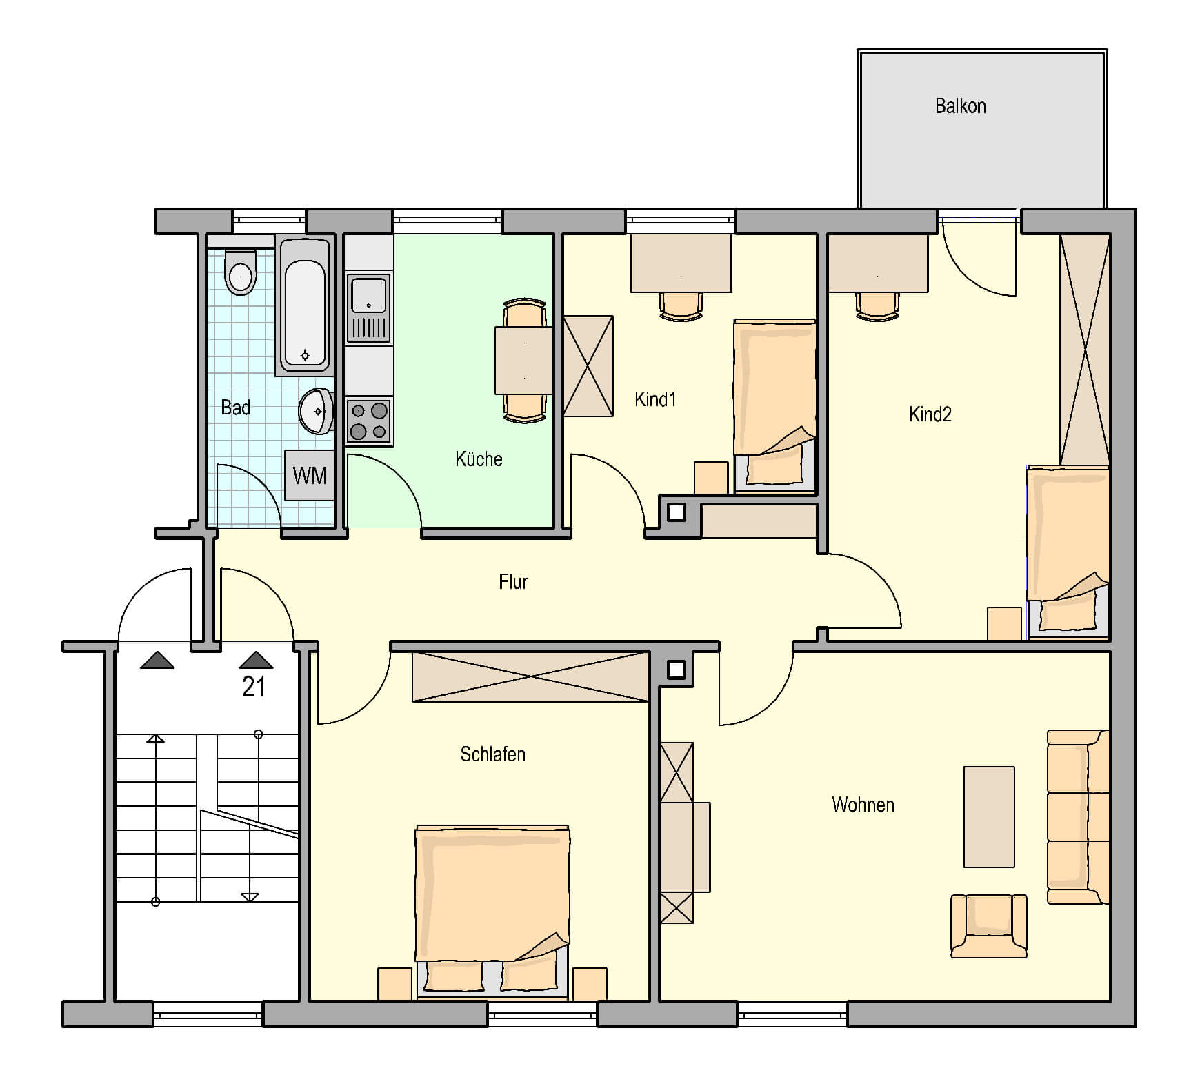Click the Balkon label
click(960, 106)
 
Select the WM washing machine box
click(310, 475)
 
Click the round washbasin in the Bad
click(317, 412)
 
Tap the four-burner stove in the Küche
click(369, 421)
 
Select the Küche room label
click(479, 459)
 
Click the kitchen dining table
click(523, 361)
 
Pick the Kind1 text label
click(655, 399)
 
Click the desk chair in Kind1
click(681, 305)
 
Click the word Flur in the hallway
click(513, 582)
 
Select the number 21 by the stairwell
click(254, 687)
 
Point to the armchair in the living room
click(989, 926)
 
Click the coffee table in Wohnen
click(989, 817)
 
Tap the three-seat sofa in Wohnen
click(1078, 817)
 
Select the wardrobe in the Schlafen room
click(530, 677)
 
